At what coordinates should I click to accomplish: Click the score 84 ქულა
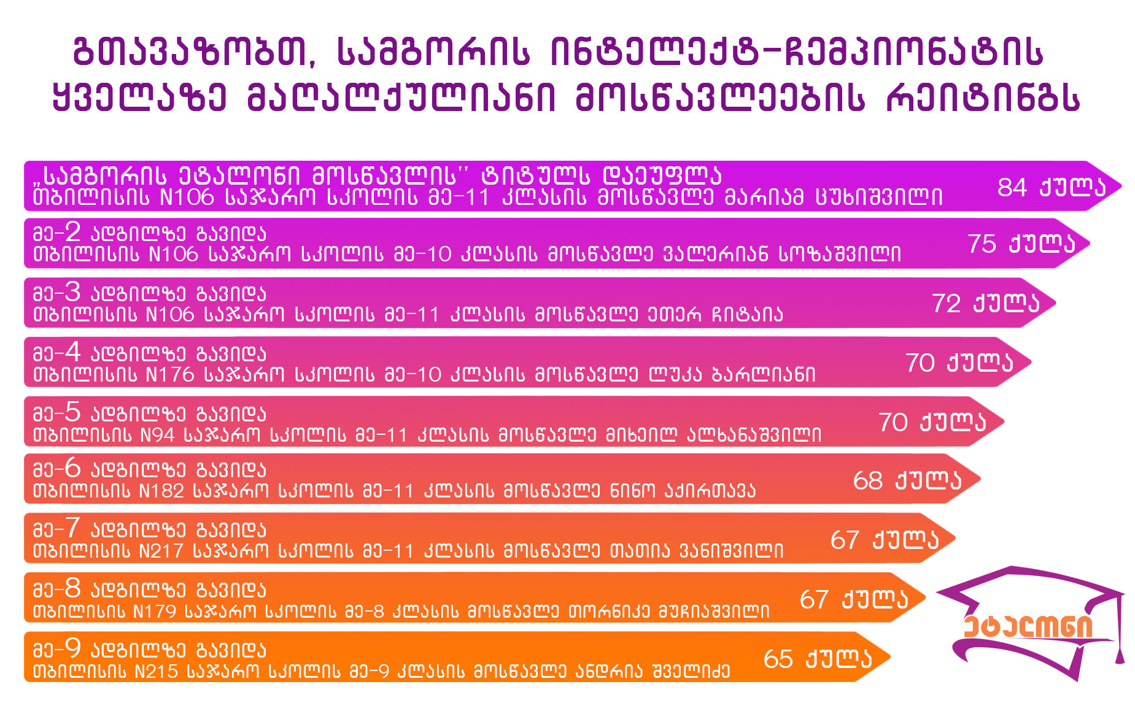click(x=1052, y=186)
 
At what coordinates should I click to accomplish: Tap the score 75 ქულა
click(x=1021, y=244)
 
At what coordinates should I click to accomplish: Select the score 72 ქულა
click(x=986, y=303)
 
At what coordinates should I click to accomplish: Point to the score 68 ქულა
click(x=907, y=480)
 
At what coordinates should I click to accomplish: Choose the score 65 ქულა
click(x=818, y=658)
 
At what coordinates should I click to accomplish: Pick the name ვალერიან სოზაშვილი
click(x=783, y=254)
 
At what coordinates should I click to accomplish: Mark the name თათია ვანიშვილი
click(x=697, y=550)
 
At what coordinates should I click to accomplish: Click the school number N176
click(x=170, y=374)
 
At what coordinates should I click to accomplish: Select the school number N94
click(x=158, y=434)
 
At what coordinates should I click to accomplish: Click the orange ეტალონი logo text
click(x=1028, y=626)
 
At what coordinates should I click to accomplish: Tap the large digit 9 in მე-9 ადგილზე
click(x=73, y=648)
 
